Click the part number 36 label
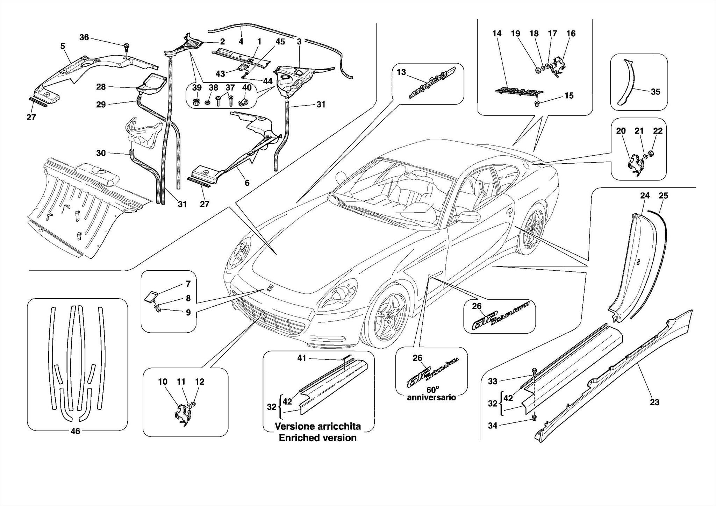[84, 37]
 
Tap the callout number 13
[401, 72]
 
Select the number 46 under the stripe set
[76, 431]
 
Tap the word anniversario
[431, 398]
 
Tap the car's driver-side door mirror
[467, 216]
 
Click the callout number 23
[654, 402]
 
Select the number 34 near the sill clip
[493, 426]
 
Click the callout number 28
[101, 87]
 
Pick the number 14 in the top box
[497, 34]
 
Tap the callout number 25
[663, 196]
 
